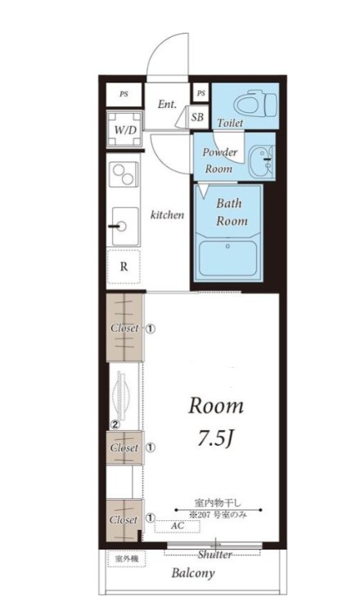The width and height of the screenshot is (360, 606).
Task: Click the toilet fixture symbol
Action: (x=256, y=104)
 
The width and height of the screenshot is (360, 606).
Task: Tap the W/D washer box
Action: (x=124, y=129)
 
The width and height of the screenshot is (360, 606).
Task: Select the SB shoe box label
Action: (x=197, y=117)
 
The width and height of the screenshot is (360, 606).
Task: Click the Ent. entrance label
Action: (x=167, y=104)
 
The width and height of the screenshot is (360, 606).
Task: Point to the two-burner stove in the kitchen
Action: (x=124, y=173)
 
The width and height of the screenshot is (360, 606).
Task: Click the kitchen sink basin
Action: (x=125, y=227)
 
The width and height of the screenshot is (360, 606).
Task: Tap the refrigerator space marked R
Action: (x=124, y=267)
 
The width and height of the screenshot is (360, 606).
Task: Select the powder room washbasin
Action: (x=262, y=162)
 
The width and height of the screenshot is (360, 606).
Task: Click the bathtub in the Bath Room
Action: (x=227, y=258)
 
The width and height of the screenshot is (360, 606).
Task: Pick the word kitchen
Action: (x=167, y=215)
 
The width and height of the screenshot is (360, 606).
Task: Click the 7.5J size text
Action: (x=216, y=438)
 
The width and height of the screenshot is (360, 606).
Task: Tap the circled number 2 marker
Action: (x=115, y=424)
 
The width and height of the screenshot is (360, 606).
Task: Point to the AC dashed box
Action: (x=178, y=527)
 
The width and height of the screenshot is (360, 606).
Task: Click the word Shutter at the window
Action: (x=215, y=554)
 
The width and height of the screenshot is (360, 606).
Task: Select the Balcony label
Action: (x=193, y=573)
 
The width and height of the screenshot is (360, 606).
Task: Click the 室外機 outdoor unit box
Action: (x=127, y=559)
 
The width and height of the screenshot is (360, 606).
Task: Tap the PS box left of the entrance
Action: (x=124, y=94)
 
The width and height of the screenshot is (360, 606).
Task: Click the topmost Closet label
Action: (x=124, y=328)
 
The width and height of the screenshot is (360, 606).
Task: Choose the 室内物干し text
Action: (x=218, y=503)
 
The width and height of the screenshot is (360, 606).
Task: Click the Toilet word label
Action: (x=230, y=123)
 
